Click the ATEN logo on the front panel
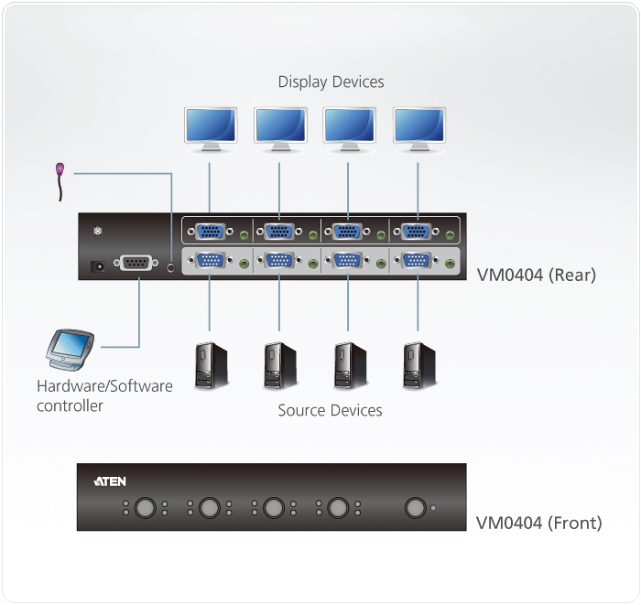click(x=110, y=481)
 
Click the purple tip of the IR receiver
click(x=60, y=168)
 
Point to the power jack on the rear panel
click(x=93, y=266)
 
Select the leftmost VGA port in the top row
click(x=211, y=232)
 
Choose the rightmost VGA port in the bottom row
click(x=418, y=262)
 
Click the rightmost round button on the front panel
click(x=417, y=507)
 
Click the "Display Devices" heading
click(x=331, y=82)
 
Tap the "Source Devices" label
click(x=330, y=410)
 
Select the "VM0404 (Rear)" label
click(x=536, y=275)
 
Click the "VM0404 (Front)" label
click(x=538, y=524)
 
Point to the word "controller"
click(x=70, y=405)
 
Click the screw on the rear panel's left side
click(x=99, y=231)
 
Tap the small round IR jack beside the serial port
click(x=173, y=267)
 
